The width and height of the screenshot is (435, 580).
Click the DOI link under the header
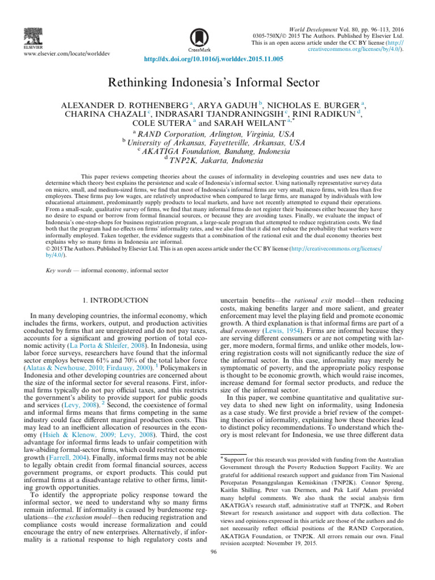tap(217, 58)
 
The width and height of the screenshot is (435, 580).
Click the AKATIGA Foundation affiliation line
tap(217, 153)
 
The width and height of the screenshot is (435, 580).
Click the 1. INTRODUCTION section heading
tap(116, 300)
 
